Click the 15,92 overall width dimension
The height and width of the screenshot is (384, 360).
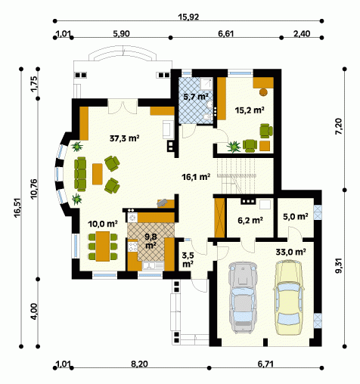pyautogui.click(x=188, y=17)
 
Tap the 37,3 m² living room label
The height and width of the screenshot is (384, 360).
pyautogui.click(x=125, y=138)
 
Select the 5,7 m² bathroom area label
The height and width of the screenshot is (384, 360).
pyautogui.click(x=196, y=97)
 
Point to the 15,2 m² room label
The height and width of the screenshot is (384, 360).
pyautogui.click(x=250, y=110)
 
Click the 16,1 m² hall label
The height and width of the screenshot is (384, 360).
pyautogui.click(x=196, y=177)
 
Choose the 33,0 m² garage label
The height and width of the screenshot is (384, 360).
pyautogui.click(x=290, y=252)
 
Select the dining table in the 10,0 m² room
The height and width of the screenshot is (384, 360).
pyautogui.click(x=103, y=246)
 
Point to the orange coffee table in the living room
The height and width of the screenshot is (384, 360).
pyautogui.click(x=98, y=174)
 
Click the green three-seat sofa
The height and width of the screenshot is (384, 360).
pyautogui.click(x=80, y=174)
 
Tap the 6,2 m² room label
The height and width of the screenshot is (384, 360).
pyautogui.click(x=250, y=220)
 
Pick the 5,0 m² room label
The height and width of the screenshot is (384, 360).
pyautogui.click(x=295, y=216)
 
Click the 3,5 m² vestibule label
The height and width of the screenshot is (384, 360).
pyautogui.click(x=188, y=260)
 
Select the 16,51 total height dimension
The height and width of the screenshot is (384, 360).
pyautogui.click(x=18, y=208)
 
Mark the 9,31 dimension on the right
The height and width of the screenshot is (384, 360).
pyautogui.click(x=339, y=266)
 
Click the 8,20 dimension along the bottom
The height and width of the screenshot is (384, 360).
pyautogui.click(x=139, y=364)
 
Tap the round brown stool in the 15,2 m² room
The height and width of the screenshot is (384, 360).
pyautogui.click(x=263, y=92)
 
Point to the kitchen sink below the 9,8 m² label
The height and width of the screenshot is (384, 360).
pyautogui.click(x=153, y=266)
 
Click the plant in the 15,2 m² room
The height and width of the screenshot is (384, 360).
pyautogui.click(x=234, y=147)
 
